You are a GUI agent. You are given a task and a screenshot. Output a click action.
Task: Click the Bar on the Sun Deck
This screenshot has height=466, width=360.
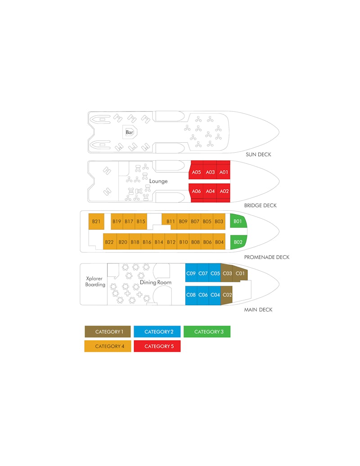coord(130,132)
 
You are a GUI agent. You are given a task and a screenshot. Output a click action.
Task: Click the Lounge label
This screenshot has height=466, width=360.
coord(158,181)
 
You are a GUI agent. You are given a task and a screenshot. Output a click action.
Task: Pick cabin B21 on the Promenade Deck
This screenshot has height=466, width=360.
coord(96,222)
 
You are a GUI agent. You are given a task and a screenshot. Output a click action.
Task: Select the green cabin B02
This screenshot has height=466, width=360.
coord(238,242)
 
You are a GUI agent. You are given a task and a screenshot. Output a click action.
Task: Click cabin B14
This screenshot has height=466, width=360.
coord(159,242)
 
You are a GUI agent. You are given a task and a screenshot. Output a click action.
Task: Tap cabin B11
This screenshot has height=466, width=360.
coord(170,222)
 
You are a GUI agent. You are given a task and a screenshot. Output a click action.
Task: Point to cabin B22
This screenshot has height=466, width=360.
coord(109,242)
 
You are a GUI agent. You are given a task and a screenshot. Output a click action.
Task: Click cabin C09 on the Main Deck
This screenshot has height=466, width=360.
coord(191,273)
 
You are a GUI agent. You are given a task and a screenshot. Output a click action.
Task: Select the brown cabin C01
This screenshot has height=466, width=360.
coord(240,273)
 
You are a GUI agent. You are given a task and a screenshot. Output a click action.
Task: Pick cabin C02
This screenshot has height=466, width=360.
coord(227,295)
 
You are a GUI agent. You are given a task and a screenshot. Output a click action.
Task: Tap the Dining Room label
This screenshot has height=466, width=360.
coord(156,282)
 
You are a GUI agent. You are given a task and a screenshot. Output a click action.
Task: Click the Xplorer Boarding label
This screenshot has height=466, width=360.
coord(95,281)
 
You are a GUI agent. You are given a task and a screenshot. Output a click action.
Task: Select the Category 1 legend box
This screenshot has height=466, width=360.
coord(108,332)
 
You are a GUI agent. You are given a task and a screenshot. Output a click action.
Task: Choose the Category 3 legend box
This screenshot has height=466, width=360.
coord(207,332)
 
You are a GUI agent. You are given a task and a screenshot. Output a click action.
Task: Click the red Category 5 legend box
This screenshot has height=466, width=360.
coord(157,346)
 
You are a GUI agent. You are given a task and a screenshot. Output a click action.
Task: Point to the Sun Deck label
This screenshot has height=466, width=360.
coord(258,154)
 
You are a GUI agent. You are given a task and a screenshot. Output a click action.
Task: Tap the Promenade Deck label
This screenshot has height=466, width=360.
coord(267,257)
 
